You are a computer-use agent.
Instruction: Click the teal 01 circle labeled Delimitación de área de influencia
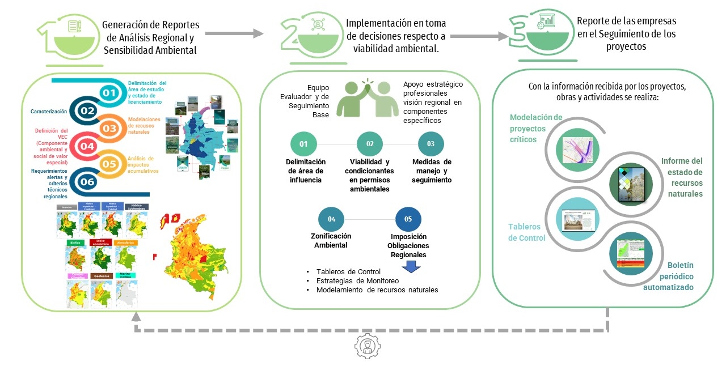pos(303,144)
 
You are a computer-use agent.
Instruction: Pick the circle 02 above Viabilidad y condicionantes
pos(370,144)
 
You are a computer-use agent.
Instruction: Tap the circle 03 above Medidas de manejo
pos(431,144)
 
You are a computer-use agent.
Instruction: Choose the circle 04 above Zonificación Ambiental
pos(331,219)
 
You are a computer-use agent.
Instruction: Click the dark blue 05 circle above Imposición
pos(408,219)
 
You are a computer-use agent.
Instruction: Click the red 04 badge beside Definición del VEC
pos(87,146)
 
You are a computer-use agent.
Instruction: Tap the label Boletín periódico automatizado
pos(672,276)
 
